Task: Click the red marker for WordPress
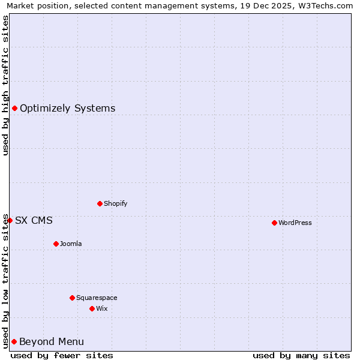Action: [x=274, y=223]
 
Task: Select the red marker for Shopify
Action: [x=100, y=203]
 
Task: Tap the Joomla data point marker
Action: [x=56, y=244]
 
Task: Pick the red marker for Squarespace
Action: [x=72, y=298]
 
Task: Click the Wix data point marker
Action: [x=92, y=308]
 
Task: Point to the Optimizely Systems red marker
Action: [x=14, y=108]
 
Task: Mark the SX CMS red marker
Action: [x=10, y=220]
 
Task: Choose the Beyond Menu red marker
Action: [x=14, y=341]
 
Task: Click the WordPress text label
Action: [x=295, y=223]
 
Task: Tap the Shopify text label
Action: [x=115, y=203]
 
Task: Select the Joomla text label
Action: [x=71, y=244]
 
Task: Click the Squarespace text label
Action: [x=97, y=298]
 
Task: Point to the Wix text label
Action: [x=101, y=308]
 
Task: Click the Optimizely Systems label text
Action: [x=67, y=108]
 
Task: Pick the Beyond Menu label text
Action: [x=52, y=341]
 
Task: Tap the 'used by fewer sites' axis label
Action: [x=62, y=355]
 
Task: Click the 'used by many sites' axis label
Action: [x=301, y=355]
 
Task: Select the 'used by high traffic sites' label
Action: [x=5, y=85]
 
